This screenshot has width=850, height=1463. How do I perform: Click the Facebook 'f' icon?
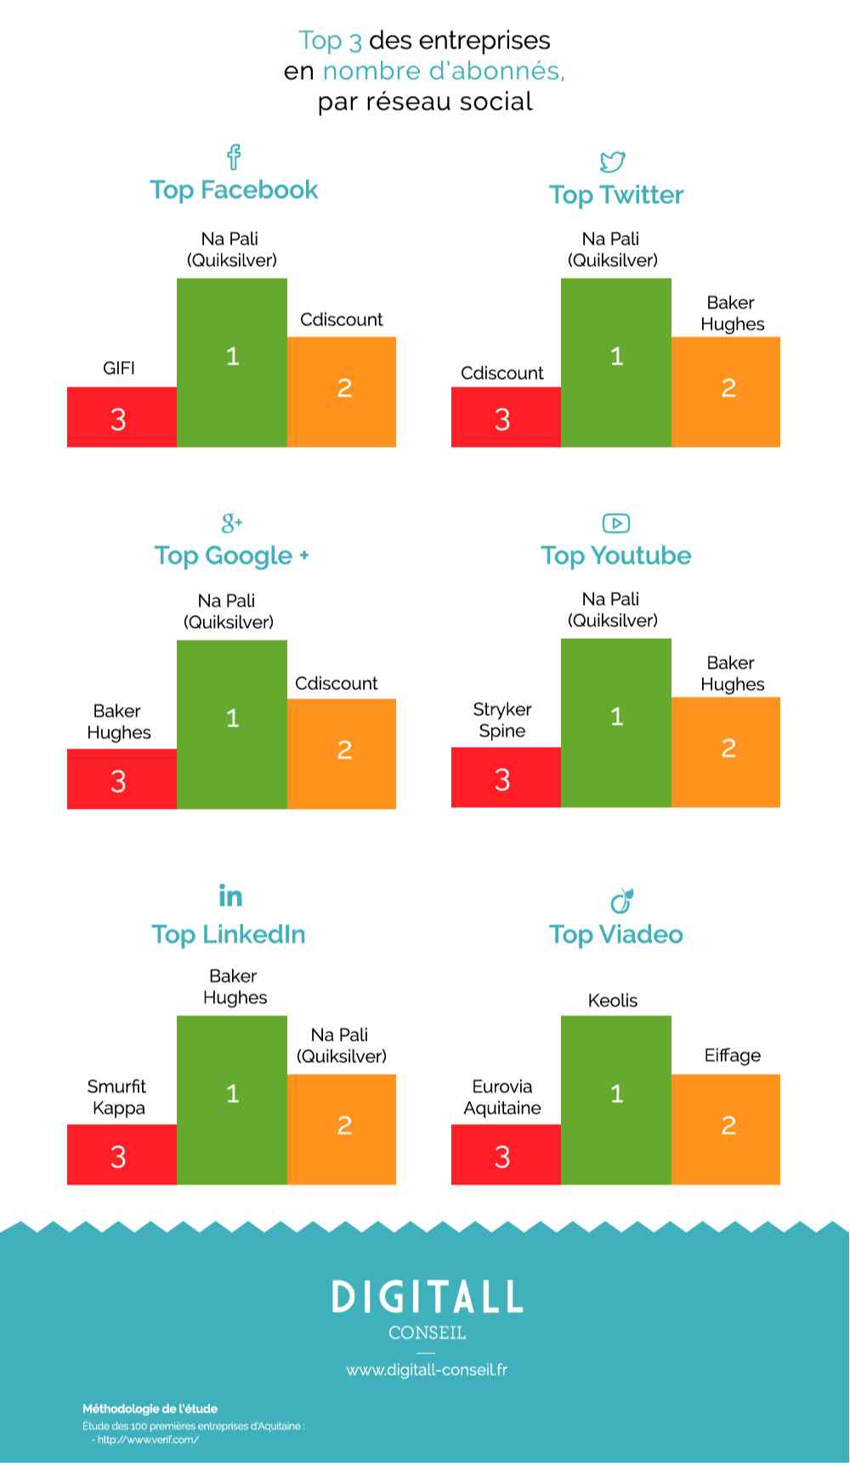(x=234, y=156)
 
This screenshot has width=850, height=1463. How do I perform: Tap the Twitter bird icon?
(x=613, y=161)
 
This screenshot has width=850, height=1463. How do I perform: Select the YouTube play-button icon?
(x=615, y=523)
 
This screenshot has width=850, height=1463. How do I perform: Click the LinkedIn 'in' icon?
(x=230, y=895)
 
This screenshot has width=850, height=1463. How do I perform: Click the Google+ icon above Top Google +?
(x=231, y=522)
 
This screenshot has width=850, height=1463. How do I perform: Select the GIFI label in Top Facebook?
(x=119, y=368)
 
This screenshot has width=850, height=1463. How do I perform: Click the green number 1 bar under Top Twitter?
(x=616, y=362)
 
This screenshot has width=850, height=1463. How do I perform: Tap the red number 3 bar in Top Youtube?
(x=506, y=777)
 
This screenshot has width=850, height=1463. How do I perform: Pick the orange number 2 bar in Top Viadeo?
(x=726, y=1129)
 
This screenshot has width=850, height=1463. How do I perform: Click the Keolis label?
(x=613, y=1000)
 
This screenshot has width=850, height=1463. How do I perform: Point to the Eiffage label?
(x=732, y=1055)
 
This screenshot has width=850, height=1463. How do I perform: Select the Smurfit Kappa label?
(x=117, y=1097)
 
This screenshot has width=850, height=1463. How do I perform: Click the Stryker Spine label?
(x=502, y=720)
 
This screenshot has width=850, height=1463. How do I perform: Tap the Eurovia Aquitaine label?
(x=502, y=1097)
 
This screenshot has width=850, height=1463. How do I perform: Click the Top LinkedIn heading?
(x=229, y=934)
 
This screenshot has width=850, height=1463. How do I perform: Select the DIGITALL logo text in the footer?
(x=427, y=1296)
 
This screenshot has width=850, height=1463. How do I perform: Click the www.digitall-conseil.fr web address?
(x=427, y=1370)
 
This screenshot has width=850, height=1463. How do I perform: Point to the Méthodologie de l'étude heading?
(x=150, y=1409)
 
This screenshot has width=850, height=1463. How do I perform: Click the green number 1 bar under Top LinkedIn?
(x=232, y=1100)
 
